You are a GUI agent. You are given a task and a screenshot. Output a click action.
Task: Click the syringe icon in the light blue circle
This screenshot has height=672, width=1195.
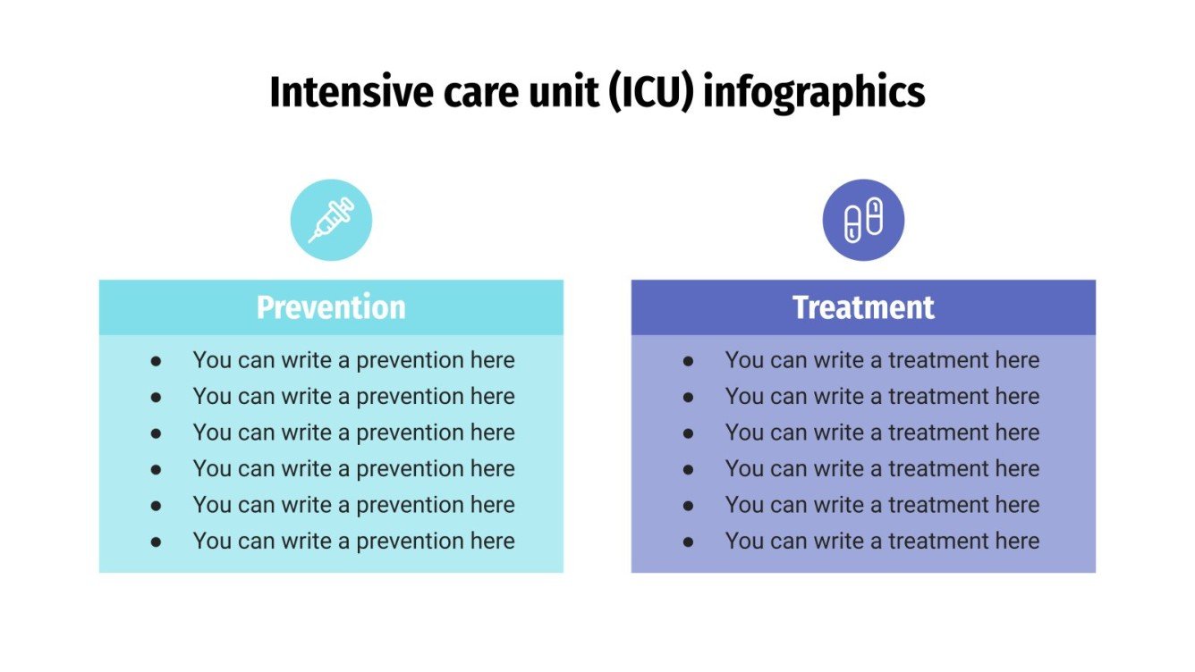coord(331,220)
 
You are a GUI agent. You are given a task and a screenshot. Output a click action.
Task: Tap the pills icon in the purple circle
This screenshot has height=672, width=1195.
coord(863,220)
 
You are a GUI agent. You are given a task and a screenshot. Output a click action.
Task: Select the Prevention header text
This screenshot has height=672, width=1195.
coord(331,307)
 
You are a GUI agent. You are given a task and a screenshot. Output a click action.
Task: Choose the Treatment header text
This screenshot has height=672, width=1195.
coord(863,307)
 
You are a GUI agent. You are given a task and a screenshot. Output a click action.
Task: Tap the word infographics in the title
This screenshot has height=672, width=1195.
coord(814,94)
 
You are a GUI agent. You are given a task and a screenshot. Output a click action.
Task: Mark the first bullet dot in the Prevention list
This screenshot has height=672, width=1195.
coord(157,361)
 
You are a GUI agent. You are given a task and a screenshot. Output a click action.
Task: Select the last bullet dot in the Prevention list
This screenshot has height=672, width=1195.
coord(157,542)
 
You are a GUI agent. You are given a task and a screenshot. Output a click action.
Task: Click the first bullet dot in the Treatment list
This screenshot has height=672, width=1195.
coord(689,361)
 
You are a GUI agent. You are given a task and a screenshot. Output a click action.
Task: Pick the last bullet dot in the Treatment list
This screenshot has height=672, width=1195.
coord(689,542)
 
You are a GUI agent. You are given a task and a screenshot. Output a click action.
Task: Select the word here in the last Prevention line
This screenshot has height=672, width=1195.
coord(493,542)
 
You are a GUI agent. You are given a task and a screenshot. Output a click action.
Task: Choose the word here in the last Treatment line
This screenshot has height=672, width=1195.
coord(1017,542)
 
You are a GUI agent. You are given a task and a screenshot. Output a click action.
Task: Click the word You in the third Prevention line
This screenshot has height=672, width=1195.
coord(212,433)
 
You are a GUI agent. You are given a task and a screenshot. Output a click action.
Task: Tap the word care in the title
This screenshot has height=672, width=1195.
coord(471,92)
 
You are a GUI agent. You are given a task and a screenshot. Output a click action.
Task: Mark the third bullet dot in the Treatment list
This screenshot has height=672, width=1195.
coord(689,433)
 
